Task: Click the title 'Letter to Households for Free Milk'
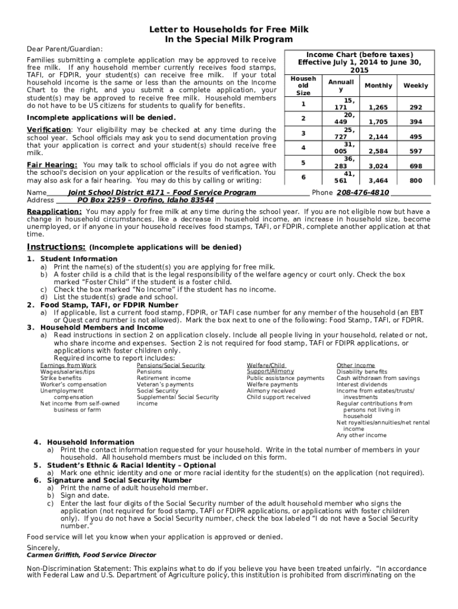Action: click(229, 29)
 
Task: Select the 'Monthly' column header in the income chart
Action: click(378, 86)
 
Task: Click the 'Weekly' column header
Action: click(415, 86)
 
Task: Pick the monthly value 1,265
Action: click(378, 108)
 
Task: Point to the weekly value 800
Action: click(416, 180)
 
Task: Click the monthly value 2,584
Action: click(378, 152)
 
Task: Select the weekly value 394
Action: click(416, 123)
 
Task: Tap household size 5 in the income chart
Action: click(303, 162)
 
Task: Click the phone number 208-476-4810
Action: click(363, 193)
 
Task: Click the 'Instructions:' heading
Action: click(57, 247)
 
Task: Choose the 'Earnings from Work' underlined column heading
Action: click(68, 365)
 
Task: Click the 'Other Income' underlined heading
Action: click(356, 365)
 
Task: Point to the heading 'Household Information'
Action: click(90, 442)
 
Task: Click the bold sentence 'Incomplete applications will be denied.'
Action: click(93, 118)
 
